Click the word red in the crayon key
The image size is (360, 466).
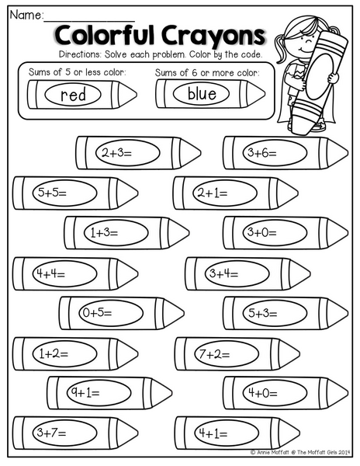[x=73, y=95]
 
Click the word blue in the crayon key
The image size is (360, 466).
[x=202, y=93]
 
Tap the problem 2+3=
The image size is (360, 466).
[x=116, y=153]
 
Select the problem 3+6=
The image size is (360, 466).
[x=262, y=153]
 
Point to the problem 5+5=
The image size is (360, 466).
[x=52, y=193]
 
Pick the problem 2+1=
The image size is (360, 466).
[x=213, y=193]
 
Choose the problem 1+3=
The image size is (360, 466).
[x=104, y=233]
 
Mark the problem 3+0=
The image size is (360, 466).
[x=262, y=232]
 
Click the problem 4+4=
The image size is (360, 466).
[x=50, y=273]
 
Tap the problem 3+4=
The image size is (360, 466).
[x=223, y=273]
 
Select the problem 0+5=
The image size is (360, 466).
[x=97, y=313]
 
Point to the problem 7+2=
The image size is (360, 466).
[x=214, y=354]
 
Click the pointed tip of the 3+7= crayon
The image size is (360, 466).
[x=138, y=433]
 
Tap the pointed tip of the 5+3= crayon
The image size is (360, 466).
[x=348, y=313]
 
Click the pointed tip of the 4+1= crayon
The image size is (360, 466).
[x=299, y=433]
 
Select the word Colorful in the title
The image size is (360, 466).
[x=105, y=35]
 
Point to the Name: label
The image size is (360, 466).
[x=26, y=15]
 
